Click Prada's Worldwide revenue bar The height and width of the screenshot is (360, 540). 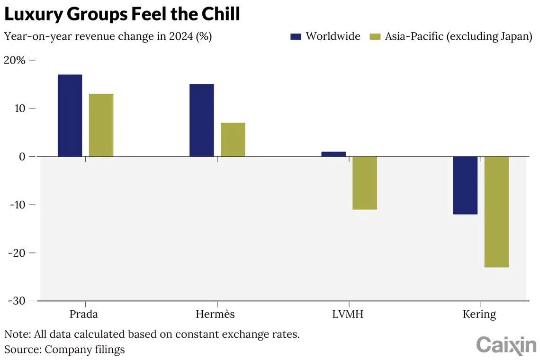click(x=70, y=116)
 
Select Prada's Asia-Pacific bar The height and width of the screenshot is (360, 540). click(x=101, y=125)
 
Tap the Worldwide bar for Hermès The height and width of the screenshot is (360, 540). click(x=201, y=120)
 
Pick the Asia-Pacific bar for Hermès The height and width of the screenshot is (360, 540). click(x=233, y=140)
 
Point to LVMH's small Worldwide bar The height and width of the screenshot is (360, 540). click(x=333, y=154)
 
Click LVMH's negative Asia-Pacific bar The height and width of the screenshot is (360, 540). click(x=365, y=183)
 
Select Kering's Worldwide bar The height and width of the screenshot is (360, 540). click(x=465, y=185)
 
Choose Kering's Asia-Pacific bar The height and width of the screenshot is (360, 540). click(x=496, y=212)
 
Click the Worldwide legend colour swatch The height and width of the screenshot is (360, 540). click(x=296, y=36)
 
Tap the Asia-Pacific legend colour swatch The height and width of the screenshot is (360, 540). click(x=375, y=36)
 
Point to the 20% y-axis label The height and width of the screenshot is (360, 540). click(x=15, y=60)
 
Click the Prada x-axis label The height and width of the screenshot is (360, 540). click(x=83, y=314)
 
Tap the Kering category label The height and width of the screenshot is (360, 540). click(x=480, y=315)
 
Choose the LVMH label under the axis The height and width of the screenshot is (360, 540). click(x=348, y=314)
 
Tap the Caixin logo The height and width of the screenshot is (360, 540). click(x=505, y=345)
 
